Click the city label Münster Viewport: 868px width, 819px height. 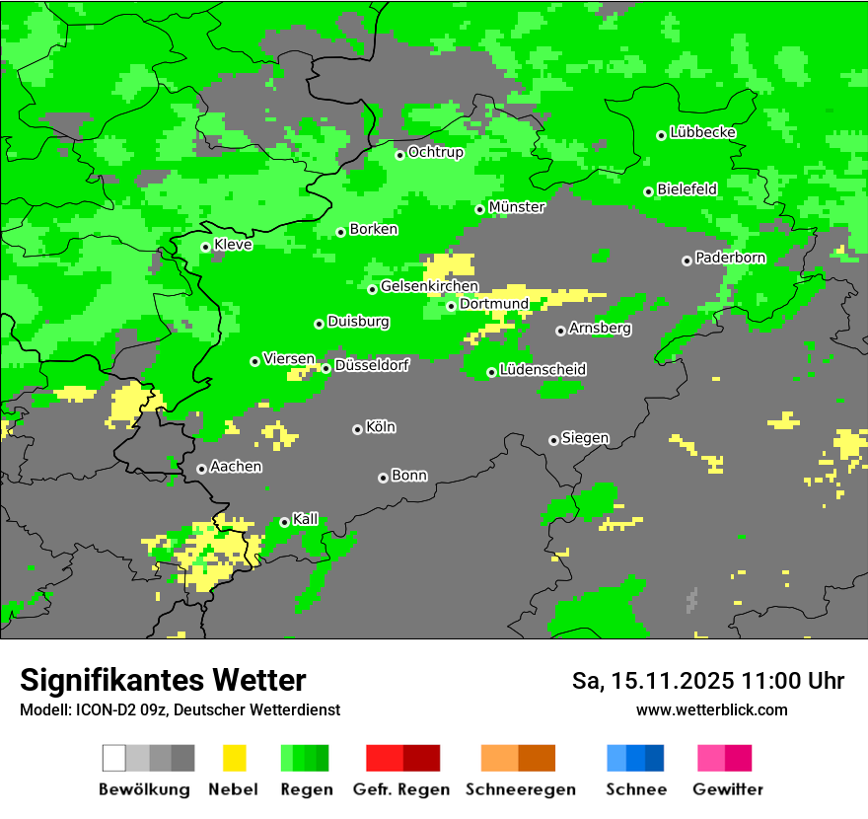517,207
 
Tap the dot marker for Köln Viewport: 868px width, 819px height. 357,429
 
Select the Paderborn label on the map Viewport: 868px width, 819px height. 730,259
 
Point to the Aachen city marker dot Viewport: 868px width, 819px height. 201,469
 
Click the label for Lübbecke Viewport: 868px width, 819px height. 702,132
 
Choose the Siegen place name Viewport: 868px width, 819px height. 585,438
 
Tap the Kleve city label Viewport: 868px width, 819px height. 233,245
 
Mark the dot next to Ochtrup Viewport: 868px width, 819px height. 399,154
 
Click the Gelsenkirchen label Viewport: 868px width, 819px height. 429,287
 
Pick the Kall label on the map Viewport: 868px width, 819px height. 306,519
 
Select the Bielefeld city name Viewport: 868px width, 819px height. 687,189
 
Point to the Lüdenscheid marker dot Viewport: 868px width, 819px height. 491,372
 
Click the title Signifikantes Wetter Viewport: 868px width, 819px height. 163,680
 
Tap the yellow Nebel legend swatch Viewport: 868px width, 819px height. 234,758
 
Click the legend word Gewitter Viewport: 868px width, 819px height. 727,789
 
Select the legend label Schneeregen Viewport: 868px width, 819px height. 521,789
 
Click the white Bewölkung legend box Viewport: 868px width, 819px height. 114,758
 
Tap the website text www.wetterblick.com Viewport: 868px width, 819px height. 711,709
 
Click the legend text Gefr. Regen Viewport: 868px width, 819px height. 401,789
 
